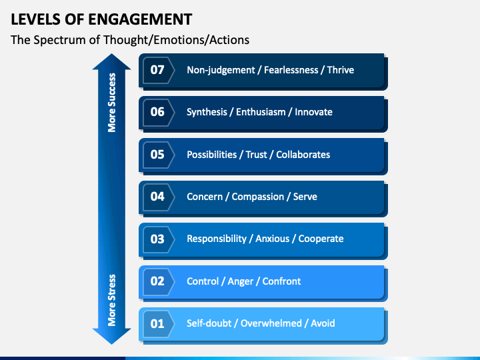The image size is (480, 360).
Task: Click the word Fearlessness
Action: click(x=291, y=70)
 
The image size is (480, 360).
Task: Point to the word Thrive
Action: click(x=341, y=70)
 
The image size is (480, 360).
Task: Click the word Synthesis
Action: click(x=207, y=113)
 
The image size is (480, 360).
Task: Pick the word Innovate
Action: click(x=313, y=112)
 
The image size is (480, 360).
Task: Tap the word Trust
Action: click(x=256, y=155)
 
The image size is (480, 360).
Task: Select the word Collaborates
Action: click(x=303, y=155)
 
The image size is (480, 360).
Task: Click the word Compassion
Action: click(x=258, y=197)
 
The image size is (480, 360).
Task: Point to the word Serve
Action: click(x=305, y=197)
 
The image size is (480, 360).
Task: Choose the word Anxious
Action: click(x=273, y=239)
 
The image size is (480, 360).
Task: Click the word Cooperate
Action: click(x=321, y=239)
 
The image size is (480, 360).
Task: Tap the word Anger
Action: click(x=240, y=281)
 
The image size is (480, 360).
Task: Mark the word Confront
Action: click(x=281, y=281)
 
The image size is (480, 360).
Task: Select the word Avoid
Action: click(x=323, y=323)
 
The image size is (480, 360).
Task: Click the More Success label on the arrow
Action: click(x=112, y=103)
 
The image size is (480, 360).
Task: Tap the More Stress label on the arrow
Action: click(x=112, y=300)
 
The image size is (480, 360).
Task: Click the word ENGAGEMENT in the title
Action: click(x=140, y=19)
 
